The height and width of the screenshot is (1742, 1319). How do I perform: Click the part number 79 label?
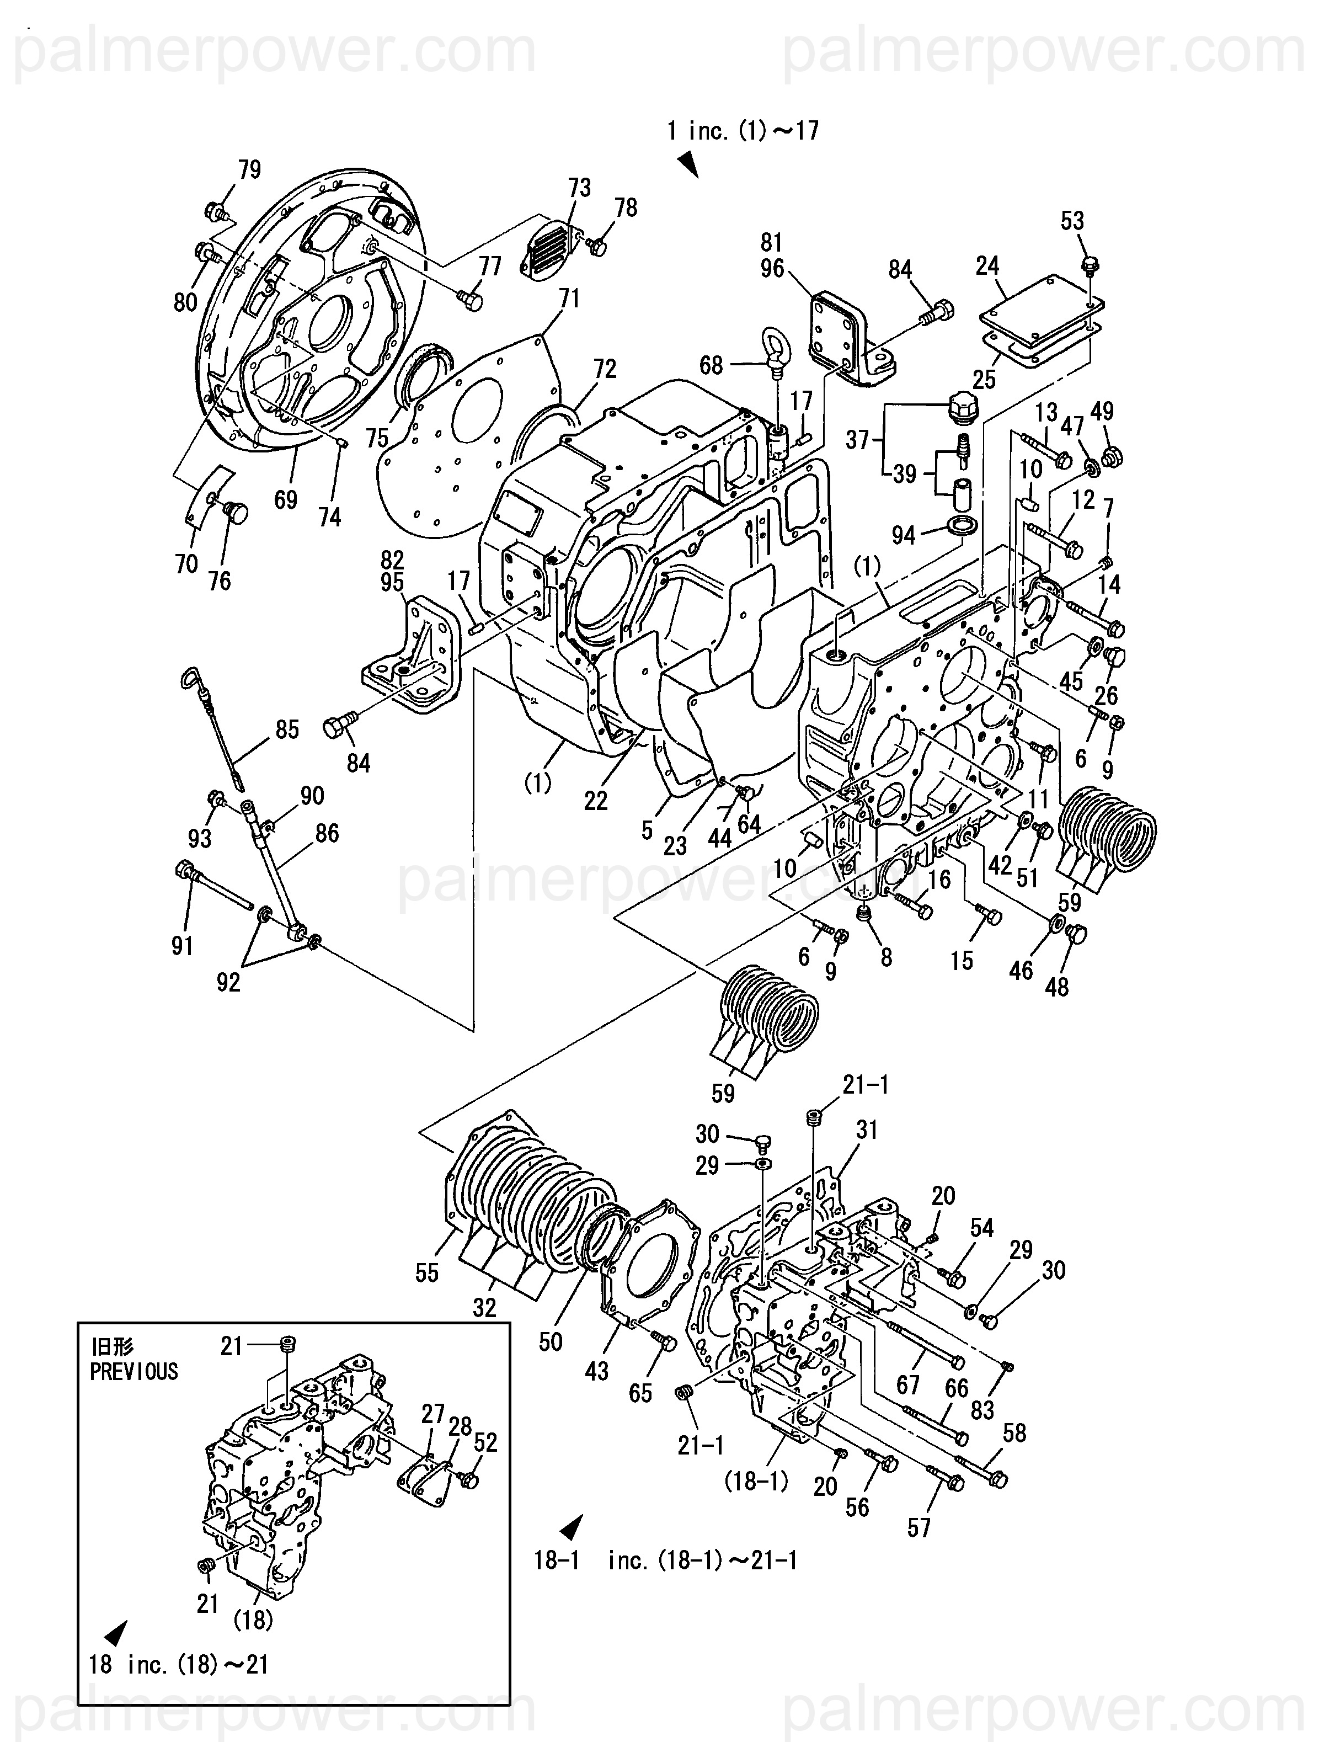[250, 169]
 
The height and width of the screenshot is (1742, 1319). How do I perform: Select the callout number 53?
[1072, 221]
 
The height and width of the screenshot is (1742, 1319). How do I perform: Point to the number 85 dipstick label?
[287, 729]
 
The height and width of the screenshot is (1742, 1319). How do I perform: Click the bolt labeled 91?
[212, 889]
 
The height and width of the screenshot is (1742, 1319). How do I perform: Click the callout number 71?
[569, 299]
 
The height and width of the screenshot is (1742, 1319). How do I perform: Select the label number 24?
[987, 266]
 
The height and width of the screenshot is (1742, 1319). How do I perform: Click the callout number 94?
[903, 536]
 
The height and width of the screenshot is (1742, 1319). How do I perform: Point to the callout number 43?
[596, 1371]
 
